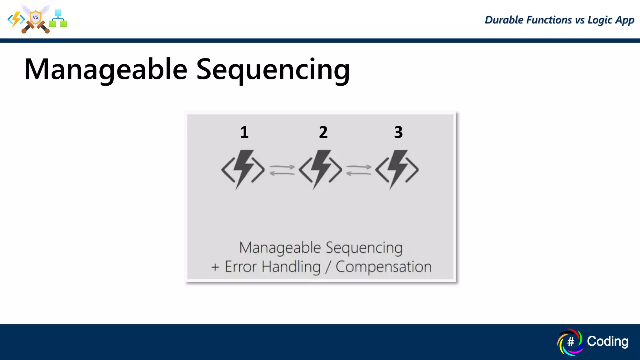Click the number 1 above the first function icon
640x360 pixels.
coord(244,132)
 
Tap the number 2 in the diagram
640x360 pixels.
coord(323,132)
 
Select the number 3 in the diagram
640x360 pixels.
coord(398,132)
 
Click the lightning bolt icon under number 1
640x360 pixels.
coord(243,169)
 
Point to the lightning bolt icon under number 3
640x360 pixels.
coord(397,169)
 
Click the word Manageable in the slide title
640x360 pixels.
coord(106,69)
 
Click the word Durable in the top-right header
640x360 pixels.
coord(504,20)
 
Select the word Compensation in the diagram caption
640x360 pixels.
coord(383,267)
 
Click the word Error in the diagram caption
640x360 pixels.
coord(241,267)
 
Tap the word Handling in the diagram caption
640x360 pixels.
coord(291,267)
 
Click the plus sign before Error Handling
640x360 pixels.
coord(215,267)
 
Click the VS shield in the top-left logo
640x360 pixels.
coord(36,17)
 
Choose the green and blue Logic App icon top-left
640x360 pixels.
coord(58,19)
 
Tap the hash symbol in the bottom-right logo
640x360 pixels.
coord(571,342)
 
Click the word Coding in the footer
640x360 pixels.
coord(607,341)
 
